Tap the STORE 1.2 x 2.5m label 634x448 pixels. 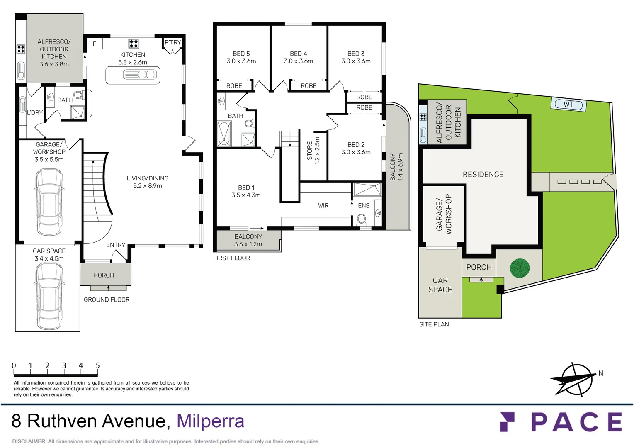pyautogui.click(x=313, y=151)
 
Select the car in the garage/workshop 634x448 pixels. pyautogui.click(x=49, y=202)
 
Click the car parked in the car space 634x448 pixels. pyautogui.click(x=49, y=296)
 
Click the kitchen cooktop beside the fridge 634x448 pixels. pyautogui.click(x=134, y=43)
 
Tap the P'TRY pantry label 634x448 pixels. pyautogui.click(x=172, y=42)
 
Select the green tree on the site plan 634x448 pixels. pyautogui.click(x=520, y=268)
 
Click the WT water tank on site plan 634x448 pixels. pyautogui.click(x=568, y=105)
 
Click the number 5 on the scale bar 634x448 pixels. pyautogui.click(x=97, y=365)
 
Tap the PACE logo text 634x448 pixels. pyautogui.click(x=576, y=422)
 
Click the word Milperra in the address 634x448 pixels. pyautogui.click(x=210, y=421)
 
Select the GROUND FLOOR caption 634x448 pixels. pyautogui.click(x=107, y=299)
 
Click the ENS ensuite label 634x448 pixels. pyautogui.click(x=364, y=206)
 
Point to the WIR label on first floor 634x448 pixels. pyautogui.click(x=323, y=206)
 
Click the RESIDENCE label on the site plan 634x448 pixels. pyautogui.click(x=483, y=175)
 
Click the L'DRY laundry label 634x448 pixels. pyautogui.click(x=35, y=113)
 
